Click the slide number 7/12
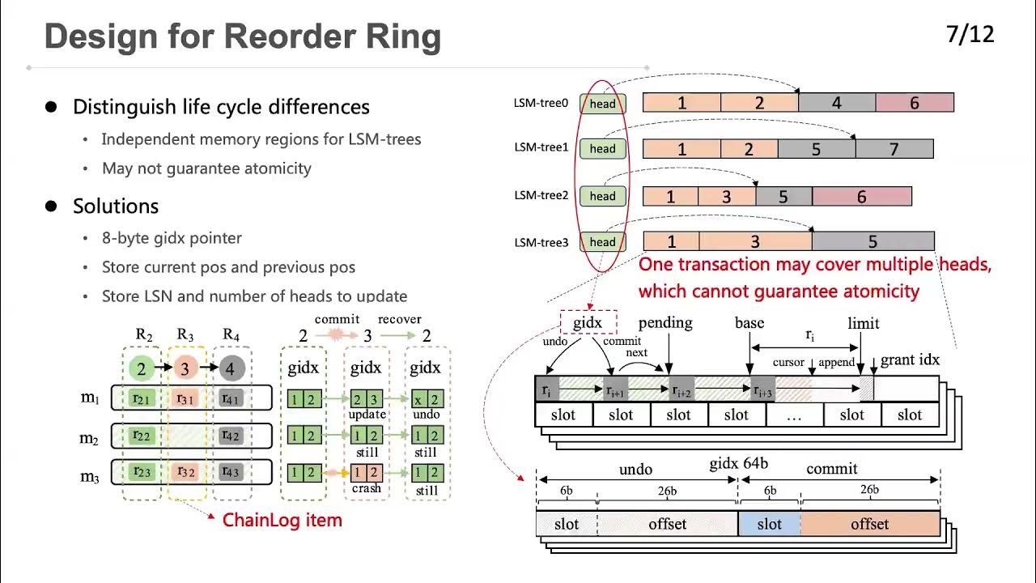point(970,35)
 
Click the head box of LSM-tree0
point(602,104)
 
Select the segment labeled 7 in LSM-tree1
point(894,149)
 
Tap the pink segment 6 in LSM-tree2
point(861,197)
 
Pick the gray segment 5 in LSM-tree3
point(873,241)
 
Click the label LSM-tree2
point(541,195)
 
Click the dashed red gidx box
point(588,322)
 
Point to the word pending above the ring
point(665,322)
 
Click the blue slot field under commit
point(769,524)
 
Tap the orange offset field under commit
point(870,524)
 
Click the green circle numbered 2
point(141,369)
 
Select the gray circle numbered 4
point(230,369)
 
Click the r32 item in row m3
point(186,472)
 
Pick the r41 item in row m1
point(230,398)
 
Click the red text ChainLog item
point(282,520)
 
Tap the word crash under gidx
point(366,490)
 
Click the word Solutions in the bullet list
point(116,206)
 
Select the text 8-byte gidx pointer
point(172,238)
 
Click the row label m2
point(89,438)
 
